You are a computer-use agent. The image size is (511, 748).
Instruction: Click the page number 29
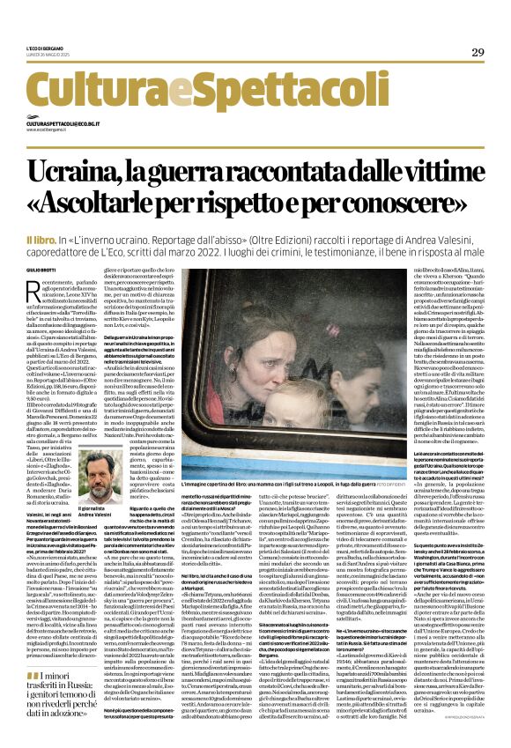click(478, 53)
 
